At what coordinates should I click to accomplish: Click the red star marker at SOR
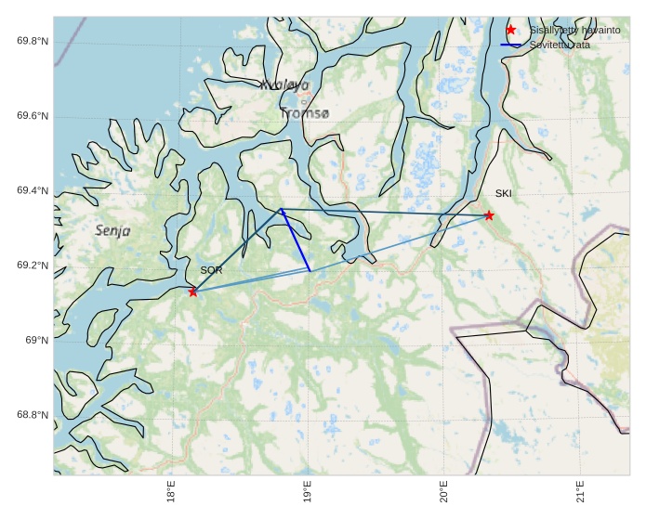pyautogui.click(x=192, y=292)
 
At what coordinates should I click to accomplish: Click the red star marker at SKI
pyautogui.click(x=489, y=215)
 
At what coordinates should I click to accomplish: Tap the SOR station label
pyautogui.click(x=211, y=270)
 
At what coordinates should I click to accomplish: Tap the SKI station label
pyautogui.click(x=503, y=194)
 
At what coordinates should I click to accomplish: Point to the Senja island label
pyautogui.click(x=112, y=230)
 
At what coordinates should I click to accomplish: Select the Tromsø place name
pyautogui.click(x=305, y=113)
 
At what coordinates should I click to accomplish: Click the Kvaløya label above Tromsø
pyautogui.click(x=284, y=85)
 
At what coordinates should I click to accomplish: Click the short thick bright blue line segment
pyautogui.click(x=296, y=240)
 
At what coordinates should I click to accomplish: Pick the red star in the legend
pyautogui.click(x=510, y=30)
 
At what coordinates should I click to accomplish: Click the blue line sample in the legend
pyautogui.click(x=510, y=45)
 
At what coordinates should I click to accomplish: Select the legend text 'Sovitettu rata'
pyautogui.click(x=560, y=45)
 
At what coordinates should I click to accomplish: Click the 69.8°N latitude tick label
pyautogui.click(x=33, y=41)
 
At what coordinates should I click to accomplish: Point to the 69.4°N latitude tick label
pyautogui.click(x=33, y=190)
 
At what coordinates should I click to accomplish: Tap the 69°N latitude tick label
pyautogui.click(x=36, y=340)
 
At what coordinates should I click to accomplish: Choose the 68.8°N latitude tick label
pyautogui.click(x=33, y=415)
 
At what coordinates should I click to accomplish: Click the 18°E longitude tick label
pyautogui.click(x=171, y=492)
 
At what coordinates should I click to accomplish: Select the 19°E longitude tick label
pyautogui.click(x=307, y=492)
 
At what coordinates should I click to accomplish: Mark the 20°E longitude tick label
pyautogui.click(x=443, y=492)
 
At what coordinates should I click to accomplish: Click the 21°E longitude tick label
pyautogui.click(x=580, y=492)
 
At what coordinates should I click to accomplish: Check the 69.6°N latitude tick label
pyautogui.click(x=33, y=116)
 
